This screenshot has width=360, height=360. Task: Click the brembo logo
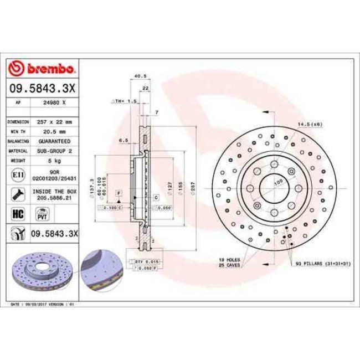pos(43,69)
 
